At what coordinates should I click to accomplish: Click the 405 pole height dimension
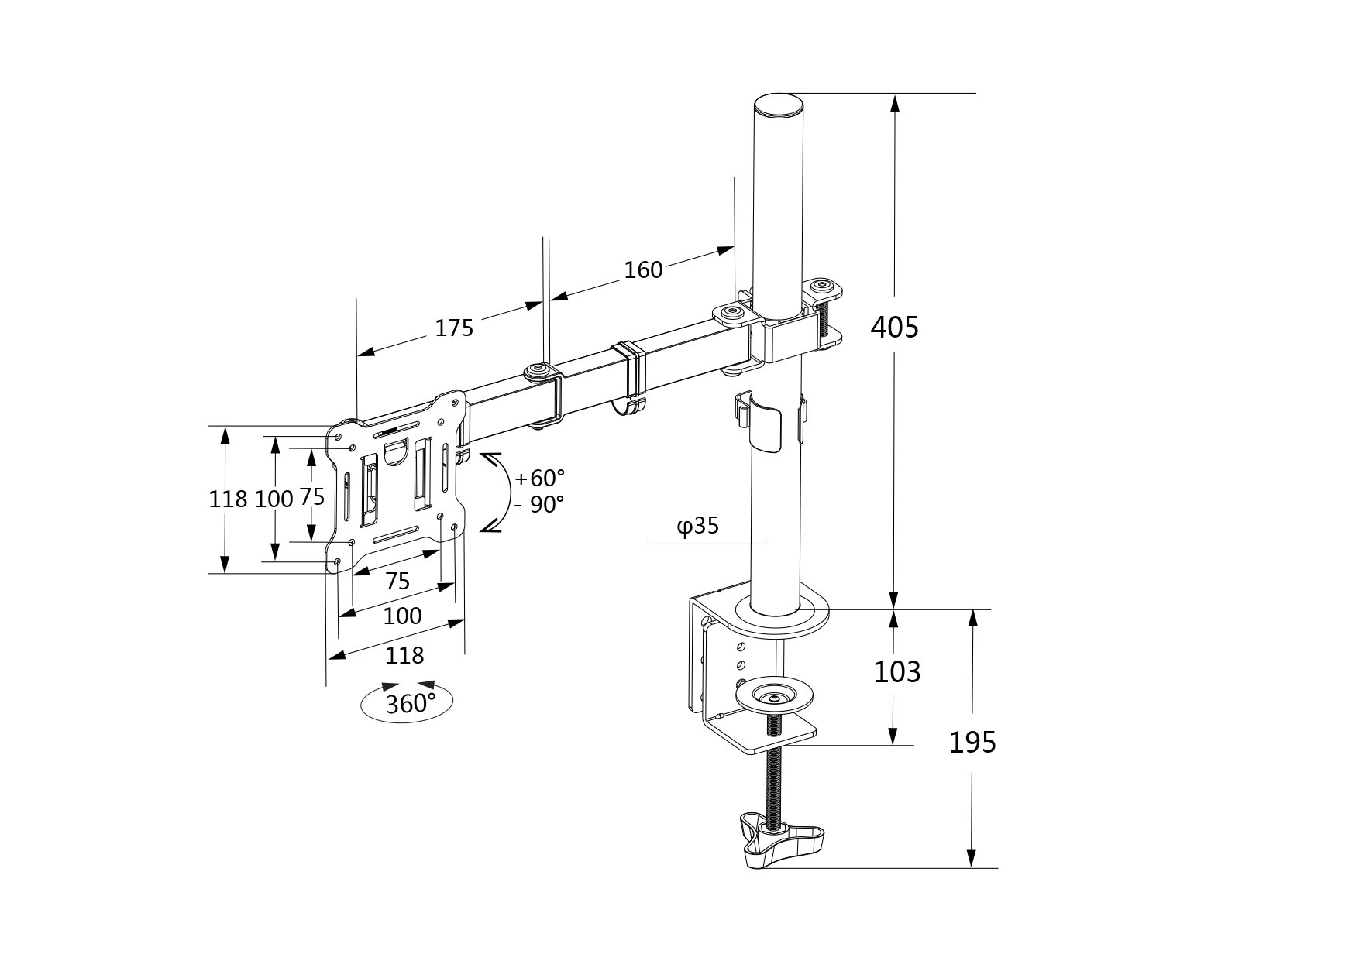(x=894, y=327)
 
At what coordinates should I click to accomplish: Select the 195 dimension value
(x=972, y=743)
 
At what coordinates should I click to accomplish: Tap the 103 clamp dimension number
(x=896, y=671)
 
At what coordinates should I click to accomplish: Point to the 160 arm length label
(x=643, y=269)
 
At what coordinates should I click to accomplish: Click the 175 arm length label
(x=453, y=328)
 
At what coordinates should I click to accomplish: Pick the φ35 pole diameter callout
(x=698, y=527)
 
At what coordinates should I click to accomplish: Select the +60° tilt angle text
(x=539, y=477)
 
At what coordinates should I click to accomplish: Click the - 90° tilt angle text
(x=539, y=505)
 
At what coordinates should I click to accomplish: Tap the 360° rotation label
(x=410, y=704)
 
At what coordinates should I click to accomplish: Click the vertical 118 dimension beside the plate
(x=228, y=499)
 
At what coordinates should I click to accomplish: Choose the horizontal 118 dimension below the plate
(x=404, y=656)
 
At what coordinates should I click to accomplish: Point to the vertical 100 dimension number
(x=274, y=499)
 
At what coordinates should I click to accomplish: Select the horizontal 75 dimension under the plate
(x=397, y=581)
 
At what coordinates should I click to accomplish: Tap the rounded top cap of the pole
(x=777, y=105)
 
